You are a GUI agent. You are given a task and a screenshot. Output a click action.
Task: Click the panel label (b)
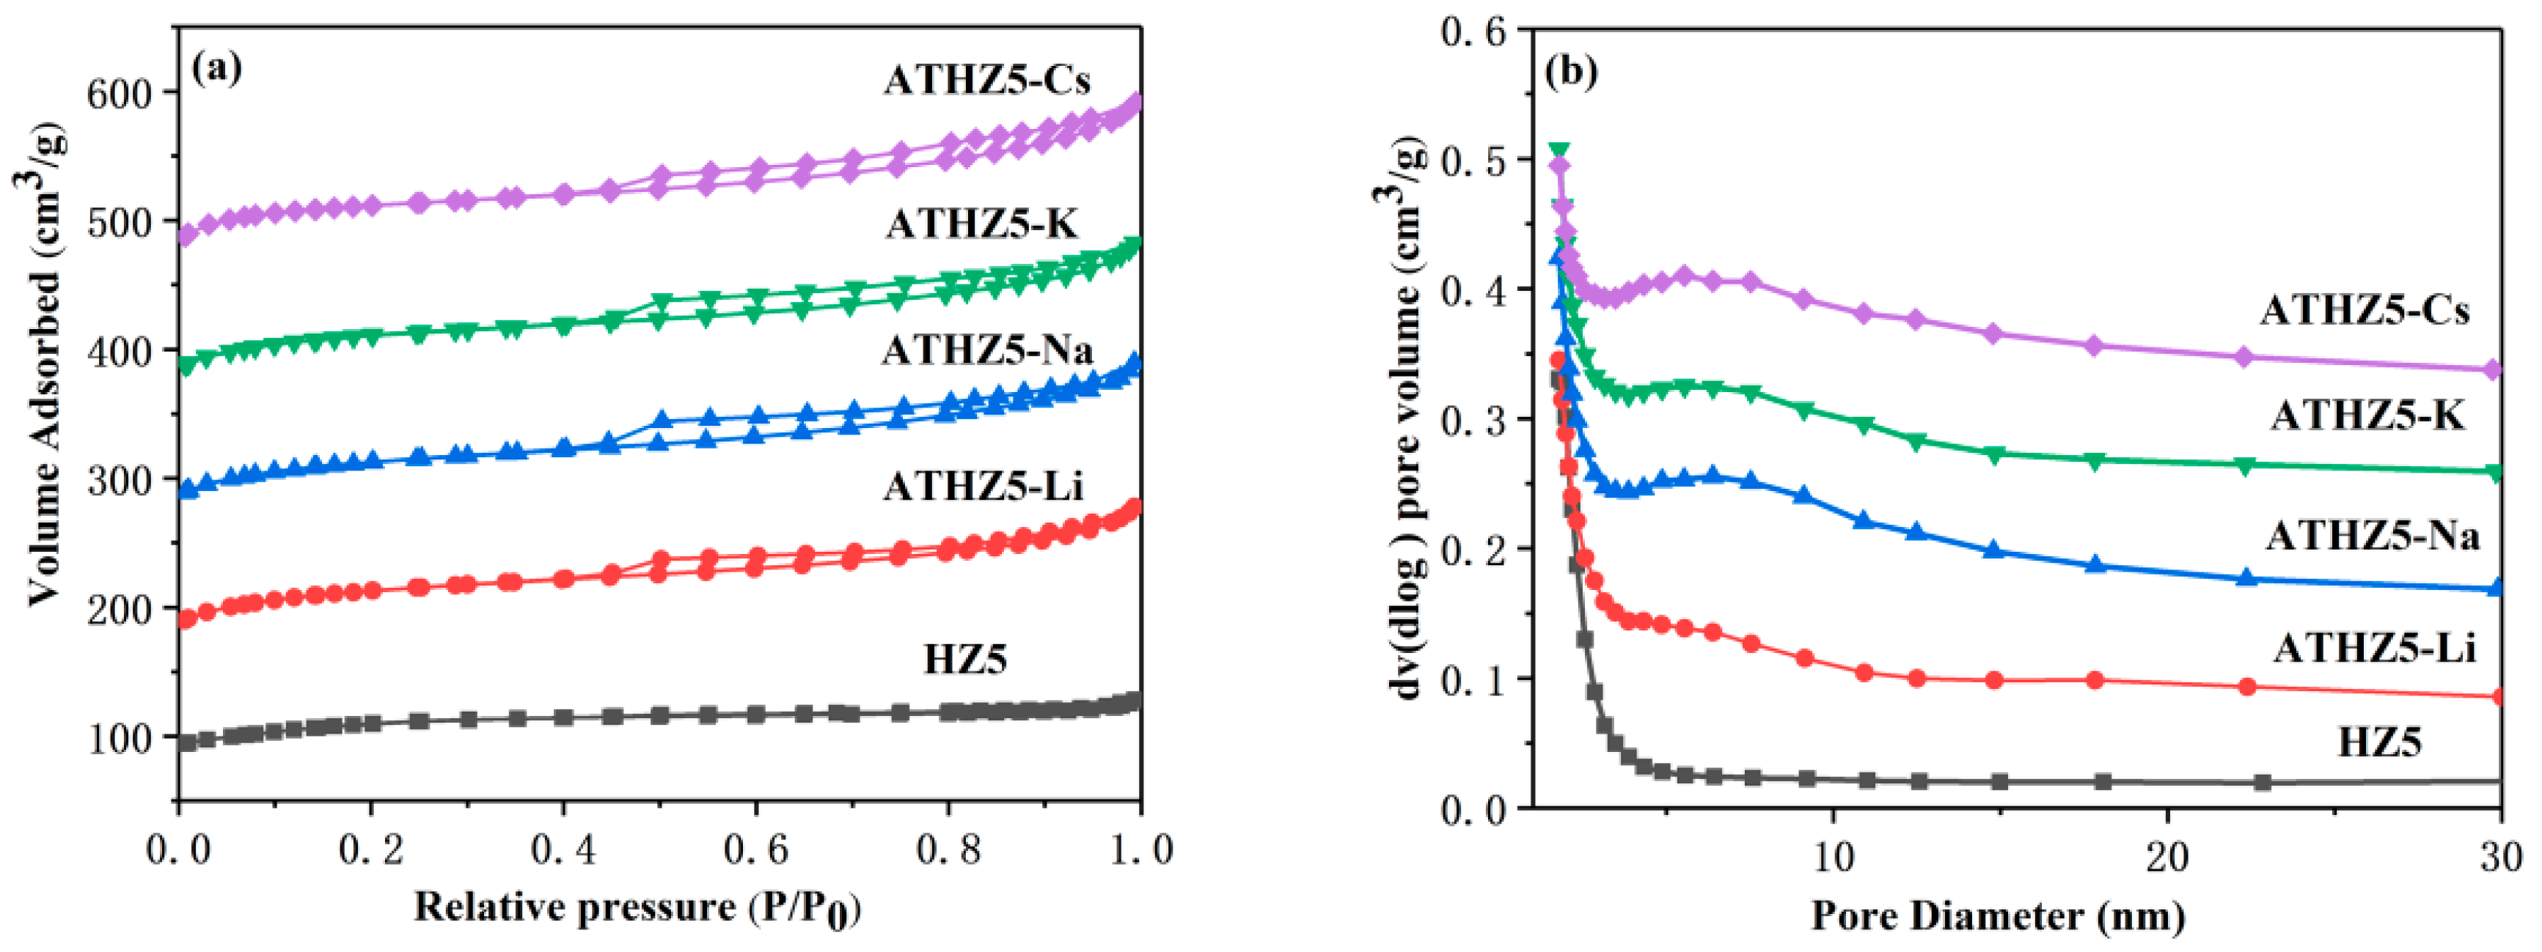[x=1571, y=72]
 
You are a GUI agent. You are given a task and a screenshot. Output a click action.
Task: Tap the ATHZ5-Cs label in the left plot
[x=986, y=80]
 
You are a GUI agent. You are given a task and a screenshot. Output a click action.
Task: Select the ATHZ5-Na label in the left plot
[x=986, y=350]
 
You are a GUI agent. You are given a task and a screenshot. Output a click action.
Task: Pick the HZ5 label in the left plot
[x=964, y=659]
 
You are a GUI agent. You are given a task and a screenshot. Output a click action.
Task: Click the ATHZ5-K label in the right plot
[x=2367, y=416]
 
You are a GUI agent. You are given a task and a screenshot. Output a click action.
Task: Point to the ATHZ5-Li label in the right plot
[x=2374, y=648]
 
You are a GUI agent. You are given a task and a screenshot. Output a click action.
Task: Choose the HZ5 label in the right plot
[x=2379, y=742]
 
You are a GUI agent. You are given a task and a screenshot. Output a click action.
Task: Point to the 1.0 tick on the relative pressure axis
[x=1142, y=850]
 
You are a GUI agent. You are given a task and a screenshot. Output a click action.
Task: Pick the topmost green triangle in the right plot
[x=1558, y=151]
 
